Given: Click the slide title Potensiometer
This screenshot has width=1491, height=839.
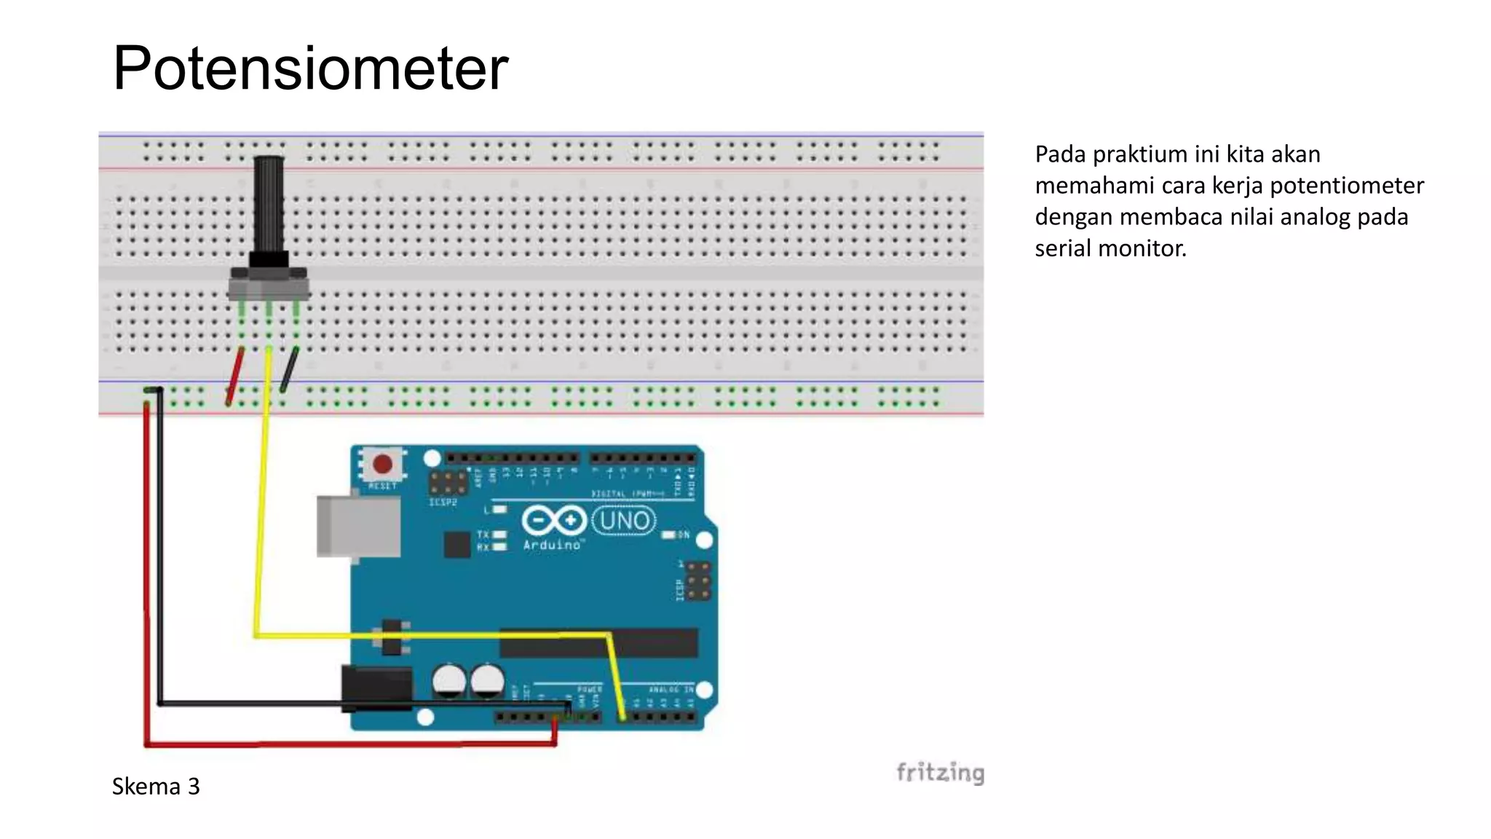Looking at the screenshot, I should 310,68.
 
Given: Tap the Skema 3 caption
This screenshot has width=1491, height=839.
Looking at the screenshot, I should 156,787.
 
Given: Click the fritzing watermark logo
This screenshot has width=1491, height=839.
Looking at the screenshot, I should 940,772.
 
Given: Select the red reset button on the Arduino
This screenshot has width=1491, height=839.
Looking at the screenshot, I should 382,464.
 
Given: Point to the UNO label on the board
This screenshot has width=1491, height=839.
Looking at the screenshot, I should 624,521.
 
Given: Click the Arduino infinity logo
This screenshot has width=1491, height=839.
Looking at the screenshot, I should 553,521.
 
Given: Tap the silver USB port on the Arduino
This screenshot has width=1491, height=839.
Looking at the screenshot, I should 358,526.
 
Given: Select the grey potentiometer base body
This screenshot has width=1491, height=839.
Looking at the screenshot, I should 269,285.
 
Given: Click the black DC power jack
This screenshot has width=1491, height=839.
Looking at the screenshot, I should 376,688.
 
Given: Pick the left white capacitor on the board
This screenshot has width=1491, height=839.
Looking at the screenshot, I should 448,681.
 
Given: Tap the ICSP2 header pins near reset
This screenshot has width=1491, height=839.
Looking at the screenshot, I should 447,482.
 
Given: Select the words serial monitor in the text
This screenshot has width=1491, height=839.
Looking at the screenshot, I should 1110,248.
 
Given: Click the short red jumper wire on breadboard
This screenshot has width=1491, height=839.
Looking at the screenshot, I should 234,376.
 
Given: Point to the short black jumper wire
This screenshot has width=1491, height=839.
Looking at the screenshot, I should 288,370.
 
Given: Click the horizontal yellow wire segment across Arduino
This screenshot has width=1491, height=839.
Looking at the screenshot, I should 430,636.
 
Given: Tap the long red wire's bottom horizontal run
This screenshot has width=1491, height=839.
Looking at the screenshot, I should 349,744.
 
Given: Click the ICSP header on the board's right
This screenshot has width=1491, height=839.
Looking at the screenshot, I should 697,580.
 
